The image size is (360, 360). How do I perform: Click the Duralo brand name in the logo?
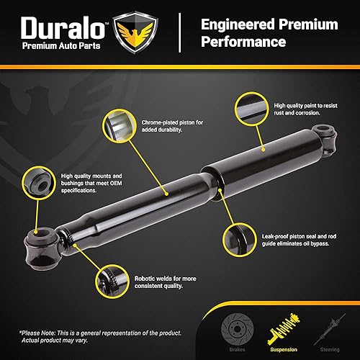(x=61, y=28)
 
